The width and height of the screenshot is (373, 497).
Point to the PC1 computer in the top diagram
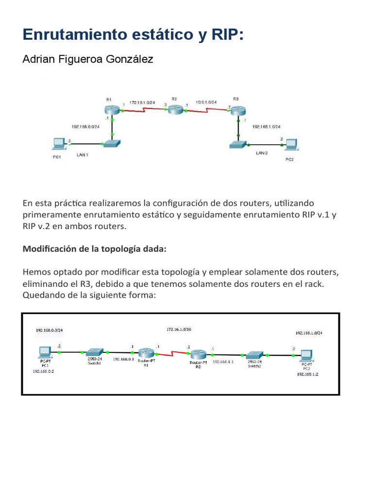(x=59, y=144)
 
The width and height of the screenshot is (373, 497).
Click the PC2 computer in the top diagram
(x=291, y=144)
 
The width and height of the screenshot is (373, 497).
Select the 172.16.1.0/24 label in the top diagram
(x=142, y=102)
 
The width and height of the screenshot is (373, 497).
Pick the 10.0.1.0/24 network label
(x=207, y=102)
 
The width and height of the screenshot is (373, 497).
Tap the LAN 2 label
(x=262, y=153)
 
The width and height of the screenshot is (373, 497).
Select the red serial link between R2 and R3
(x=207, y=110)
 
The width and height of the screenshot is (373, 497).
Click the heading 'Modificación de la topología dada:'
(x=95, y=249)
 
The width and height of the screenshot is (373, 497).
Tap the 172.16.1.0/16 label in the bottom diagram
(x=179, y=329)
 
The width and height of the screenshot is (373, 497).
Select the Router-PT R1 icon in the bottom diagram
(x=145, y=353)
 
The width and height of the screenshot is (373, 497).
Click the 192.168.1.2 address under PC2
(x=307, y=375)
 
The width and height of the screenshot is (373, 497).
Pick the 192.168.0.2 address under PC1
(x=43, y=371)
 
